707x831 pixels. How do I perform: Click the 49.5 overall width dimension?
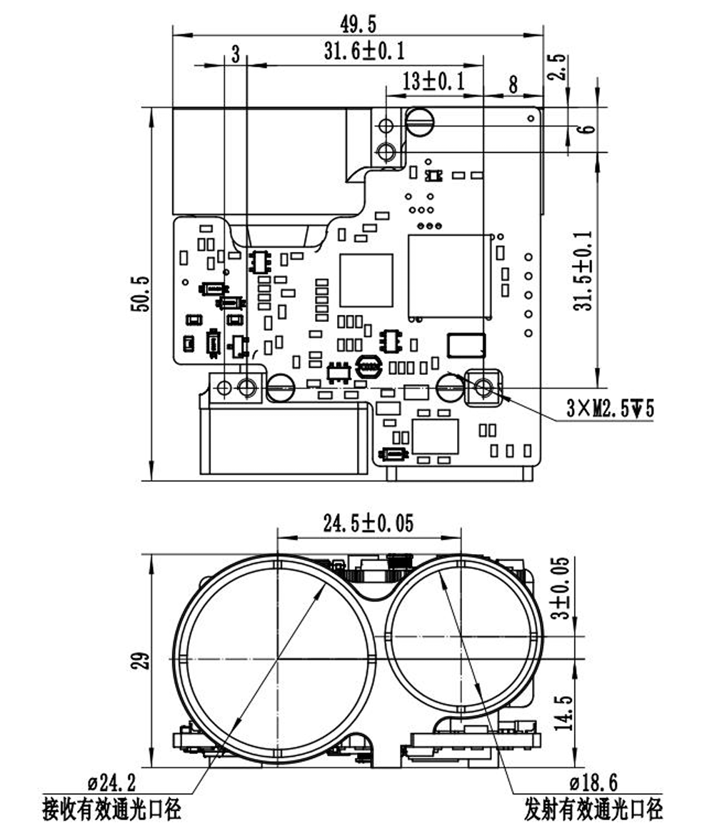pyautogui.click(x=358, y=24)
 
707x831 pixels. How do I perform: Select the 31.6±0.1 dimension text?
pyautogui.click(x=364, y=51)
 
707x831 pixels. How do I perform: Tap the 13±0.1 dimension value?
pyautogui.click(x=433, y=81)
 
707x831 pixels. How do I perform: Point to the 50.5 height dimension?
pyautogui.click(x=141, y=293)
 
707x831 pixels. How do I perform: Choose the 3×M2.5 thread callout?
pyautogui.click(x=610, y=409)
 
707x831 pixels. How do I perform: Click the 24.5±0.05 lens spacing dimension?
pyautogui.click(x=368, y=523)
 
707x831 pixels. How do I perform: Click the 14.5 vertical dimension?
pyautogui.click(x=564, y=712)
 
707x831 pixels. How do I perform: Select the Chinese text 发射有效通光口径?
pyautogui.click(x=593, y=810)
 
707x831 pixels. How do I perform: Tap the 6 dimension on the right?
pyautogui.click(x=586, y=129)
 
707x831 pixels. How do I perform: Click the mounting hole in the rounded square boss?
pyautogui.click(x=483, y=388)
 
